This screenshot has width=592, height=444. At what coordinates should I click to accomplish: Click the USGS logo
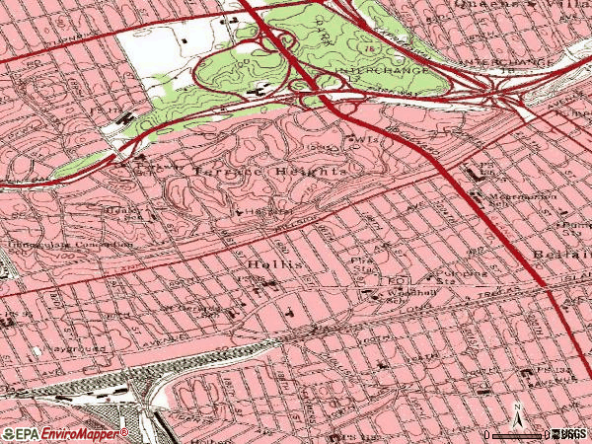[x=570, y=434]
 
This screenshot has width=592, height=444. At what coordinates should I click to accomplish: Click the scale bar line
[x=518, y=434]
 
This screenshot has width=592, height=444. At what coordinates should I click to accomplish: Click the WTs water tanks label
[x=367, y=140]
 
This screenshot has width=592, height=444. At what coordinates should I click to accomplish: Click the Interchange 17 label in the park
[x=390, y=71]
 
